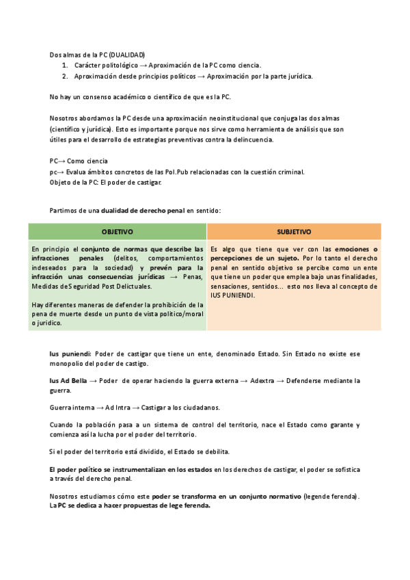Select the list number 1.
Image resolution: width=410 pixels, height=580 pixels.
(64, 65)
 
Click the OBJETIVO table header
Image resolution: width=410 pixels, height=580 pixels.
(117, 231)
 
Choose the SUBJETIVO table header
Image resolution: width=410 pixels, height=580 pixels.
(294, 231)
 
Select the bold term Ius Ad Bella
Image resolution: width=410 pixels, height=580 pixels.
(68, 380)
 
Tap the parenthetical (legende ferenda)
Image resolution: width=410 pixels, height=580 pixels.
(330, 495)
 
